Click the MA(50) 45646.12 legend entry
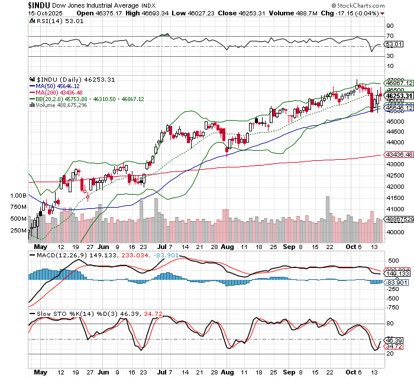tap(57, 85)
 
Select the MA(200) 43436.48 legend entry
tap(58, 92)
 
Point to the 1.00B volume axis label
tap(18, 195)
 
